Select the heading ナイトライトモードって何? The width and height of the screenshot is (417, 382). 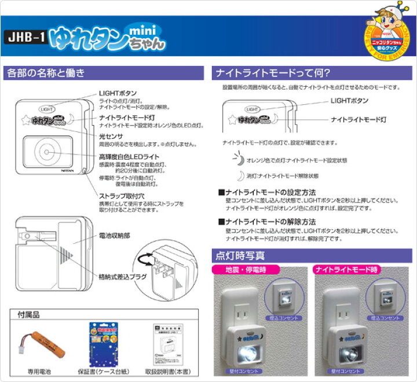click(x=272, y=74)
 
